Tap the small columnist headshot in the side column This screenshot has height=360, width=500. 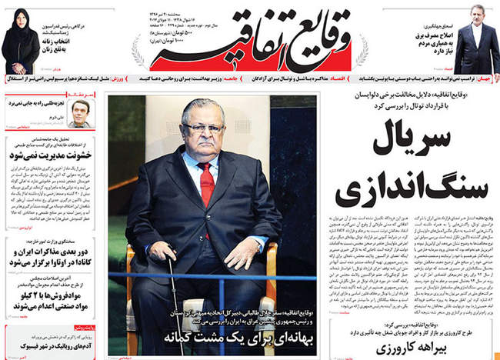80,113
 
